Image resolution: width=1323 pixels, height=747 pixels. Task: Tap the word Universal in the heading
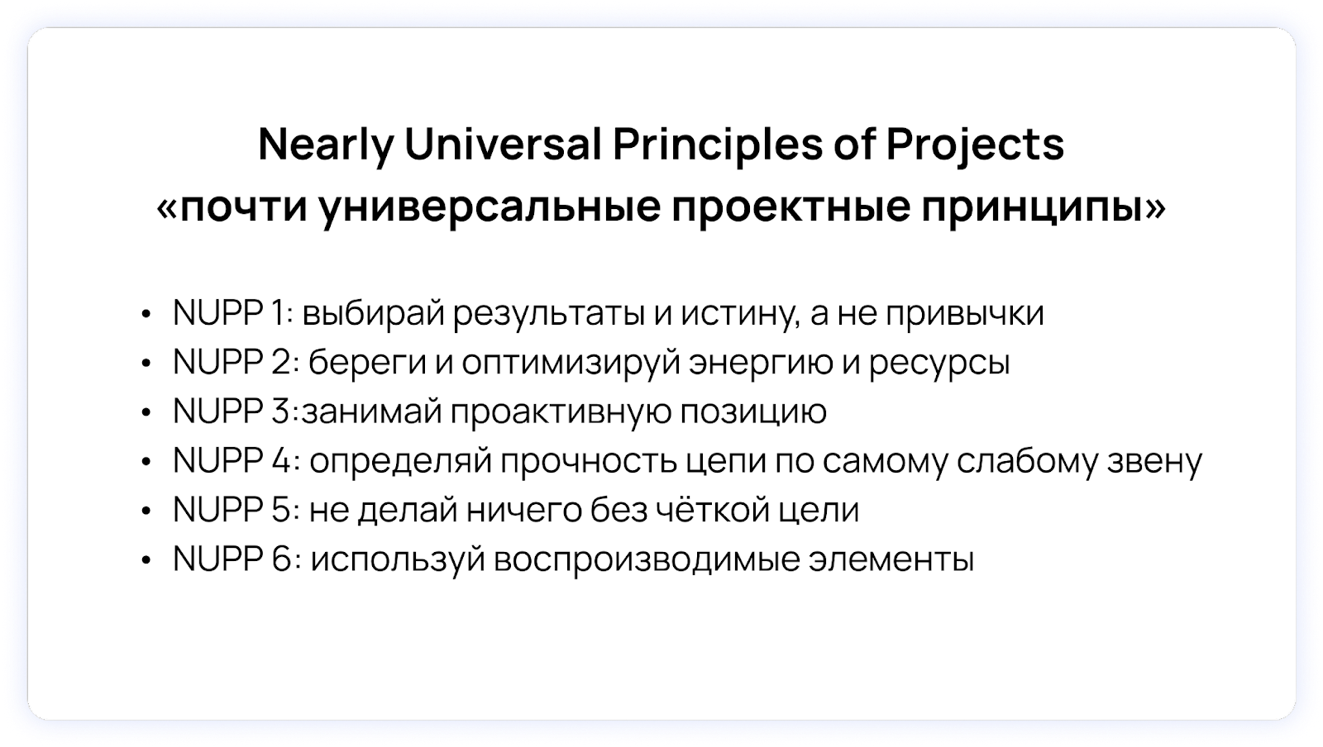pyautogui.click(x=503, y=145)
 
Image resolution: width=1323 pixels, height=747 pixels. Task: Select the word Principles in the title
pyautogui.click(x=717, y=145)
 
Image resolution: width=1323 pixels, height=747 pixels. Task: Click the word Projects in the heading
pyautogui.click(x=975, y=145)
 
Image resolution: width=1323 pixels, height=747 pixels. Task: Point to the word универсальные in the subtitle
pyautogui.click(x=490, y=207)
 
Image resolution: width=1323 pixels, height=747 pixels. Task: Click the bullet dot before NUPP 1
pyautogui.click(x=146, y=314)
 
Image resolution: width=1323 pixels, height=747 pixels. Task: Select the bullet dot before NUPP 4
pyautogui.click(x=146, y=462)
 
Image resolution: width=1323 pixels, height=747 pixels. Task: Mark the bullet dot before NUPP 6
pyautogui.click(x=146, y=560)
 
